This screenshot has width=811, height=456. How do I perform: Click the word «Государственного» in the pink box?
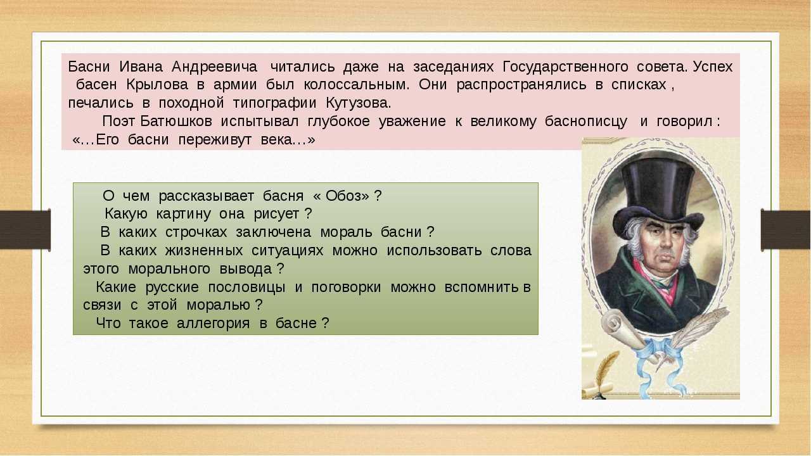(x=565, y=67)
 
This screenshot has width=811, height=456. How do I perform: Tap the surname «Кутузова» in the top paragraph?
(x=359, y=103)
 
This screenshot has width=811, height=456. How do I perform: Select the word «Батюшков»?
(x=176, y=121)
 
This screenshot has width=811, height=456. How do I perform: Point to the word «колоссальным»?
(x=357, y=85)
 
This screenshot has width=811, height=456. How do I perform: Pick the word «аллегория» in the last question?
(x=214, y=323)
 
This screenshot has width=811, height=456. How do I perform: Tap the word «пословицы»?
(x=246, y=288)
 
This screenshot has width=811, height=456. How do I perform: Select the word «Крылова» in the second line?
(x=157, y=85)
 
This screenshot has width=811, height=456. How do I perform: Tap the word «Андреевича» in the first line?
(x=214, y=67)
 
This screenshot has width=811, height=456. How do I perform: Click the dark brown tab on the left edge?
(x=25, y=229)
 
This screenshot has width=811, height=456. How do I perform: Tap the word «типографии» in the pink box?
(x=274, y=103)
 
